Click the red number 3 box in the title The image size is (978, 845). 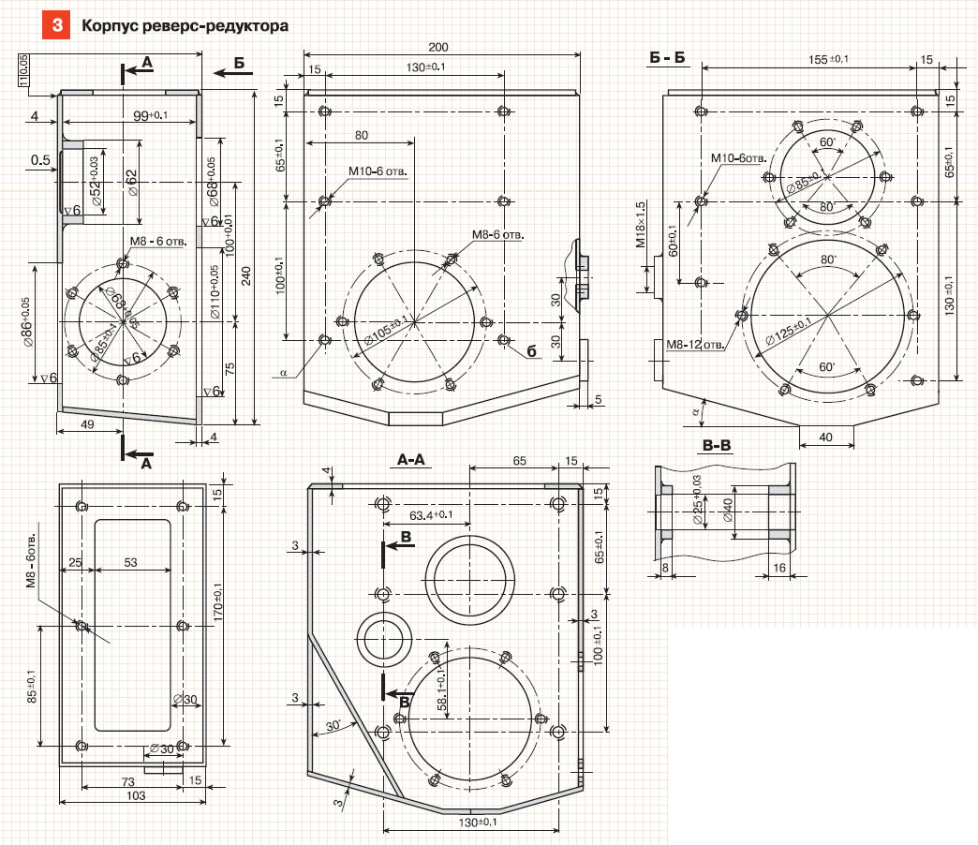(x=56, y=26)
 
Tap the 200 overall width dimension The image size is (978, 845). (x=438, y=47)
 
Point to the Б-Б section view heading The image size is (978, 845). (x=667, y=59)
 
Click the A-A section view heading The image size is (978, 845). (x=411, y=460)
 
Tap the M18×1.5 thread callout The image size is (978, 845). (x=641, y=224)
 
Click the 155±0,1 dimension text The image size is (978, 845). (x=828, y=60)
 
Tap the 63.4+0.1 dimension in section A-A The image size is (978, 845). (x=431, y=514)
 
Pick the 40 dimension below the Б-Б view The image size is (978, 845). (x=824, y=436)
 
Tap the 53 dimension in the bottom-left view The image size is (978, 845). (x=130, y=562)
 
